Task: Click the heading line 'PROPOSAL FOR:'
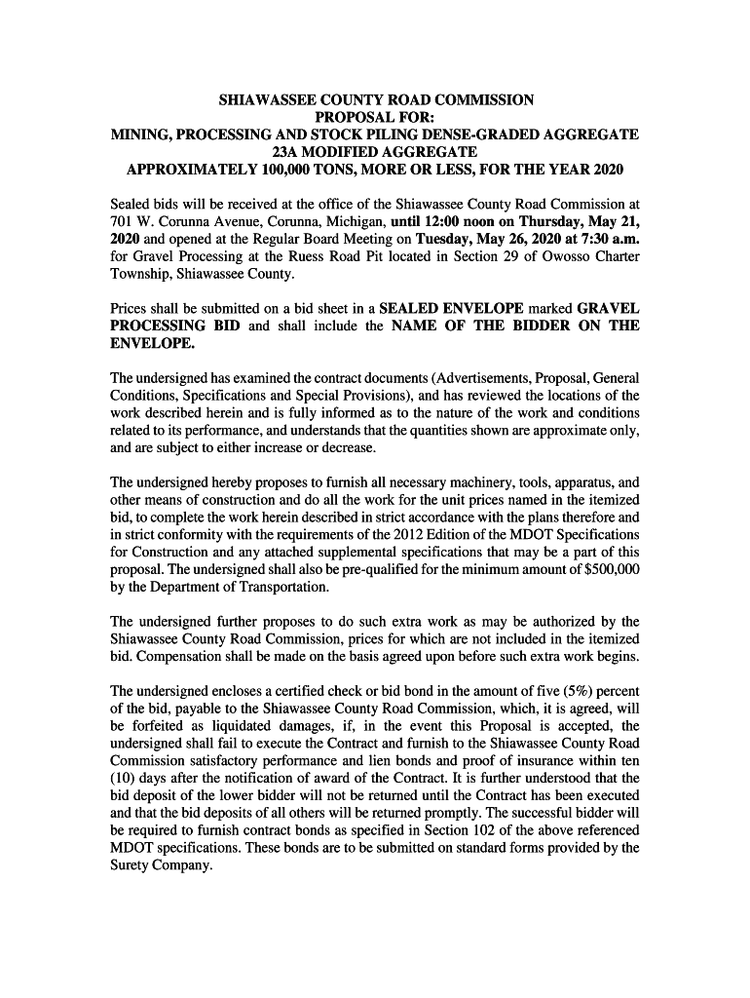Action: tap(375, 117)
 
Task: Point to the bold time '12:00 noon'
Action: tap(464, 221)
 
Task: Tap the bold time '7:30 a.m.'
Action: tap(608, 239)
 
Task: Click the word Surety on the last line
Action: tap(132, 864)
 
